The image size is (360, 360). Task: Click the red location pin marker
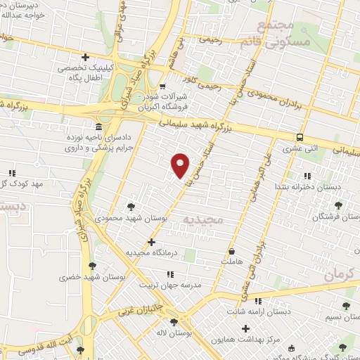tap(181, 165)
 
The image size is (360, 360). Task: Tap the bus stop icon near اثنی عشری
tap(300, 137)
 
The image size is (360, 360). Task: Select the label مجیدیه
tap(203, 220)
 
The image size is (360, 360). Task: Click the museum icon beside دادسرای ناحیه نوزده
tap(97, 127)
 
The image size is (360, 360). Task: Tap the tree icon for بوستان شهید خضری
tap(92, 266)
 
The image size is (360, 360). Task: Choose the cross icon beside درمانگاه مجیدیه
tap(151, 242)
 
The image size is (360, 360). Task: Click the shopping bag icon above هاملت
tap(232, 250)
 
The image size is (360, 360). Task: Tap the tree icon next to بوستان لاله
tap(174, 322)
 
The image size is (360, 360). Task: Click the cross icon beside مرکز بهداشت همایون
tap(245, 328)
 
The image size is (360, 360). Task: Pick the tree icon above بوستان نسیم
tap(345, 306)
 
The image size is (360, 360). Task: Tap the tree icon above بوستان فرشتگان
tap(338, 205)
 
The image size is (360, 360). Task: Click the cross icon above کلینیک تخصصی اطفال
tap(85, 57)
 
